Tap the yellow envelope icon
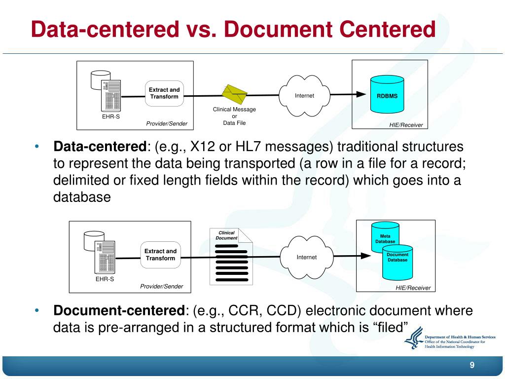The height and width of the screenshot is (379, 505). pos(234,92)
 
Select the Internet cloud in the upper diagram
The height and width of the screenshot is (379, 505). pos(304,95)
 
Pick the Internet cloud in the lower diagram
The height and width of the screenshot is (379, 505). pos(306,257)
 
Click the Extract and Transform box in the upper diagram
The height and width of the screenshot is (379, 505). pos(164,93)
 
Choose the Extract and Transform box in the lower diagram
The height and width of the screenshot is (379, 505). pos(160,255)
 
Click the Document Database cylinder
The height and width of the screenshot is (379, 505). pos(397,260)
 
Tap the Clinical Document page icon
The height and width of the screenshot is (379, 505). pos(231,257)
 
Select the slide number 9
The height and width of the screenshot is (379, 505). pos(472,365)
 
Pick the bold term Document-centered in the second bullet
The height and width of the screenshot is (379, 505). pos(118,311)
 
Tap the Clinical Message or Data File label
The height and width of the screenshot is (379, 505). pos(234,116)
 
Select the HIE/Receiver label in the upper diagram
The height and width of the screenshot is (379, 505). pos(406,125)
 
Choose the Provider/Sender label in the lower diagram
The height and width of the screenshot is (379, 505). pos(161,286)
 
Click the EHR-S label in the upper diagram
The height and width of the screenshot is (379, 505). pos(108,117)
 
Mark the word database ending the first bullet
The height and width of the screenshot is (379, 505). pos(82,197)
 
